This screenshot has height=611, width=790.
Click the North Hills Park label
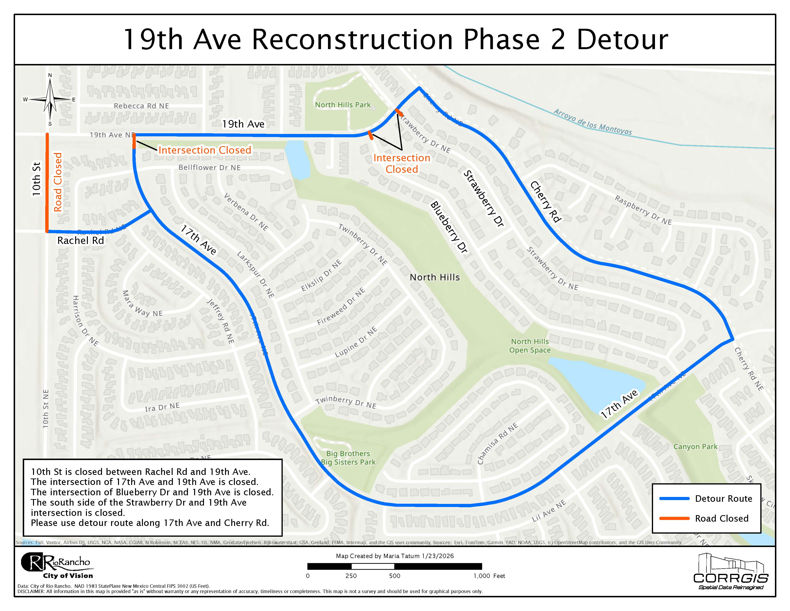pos(343,105)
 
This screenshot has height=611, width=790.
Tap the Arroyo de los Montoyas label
pos(592,122)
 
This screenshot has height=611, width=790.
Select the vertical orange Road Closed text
pos(58,182)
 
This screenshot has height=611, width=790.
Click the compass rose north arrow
pos(50,98)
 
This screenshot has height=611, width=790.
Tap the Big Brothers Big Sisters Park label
pos(348,458)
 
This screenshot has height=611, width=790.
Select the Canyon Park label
pos(695,447)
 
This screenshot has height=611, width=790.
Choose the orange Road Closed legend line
pos(674,518)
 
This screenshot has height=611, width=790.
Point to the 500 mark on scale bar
pos(394,576)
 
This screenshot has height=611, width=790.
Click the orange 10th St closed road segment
pos(47,183)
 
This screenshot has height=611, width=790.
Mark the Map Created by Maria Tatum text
pos(394,556)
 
